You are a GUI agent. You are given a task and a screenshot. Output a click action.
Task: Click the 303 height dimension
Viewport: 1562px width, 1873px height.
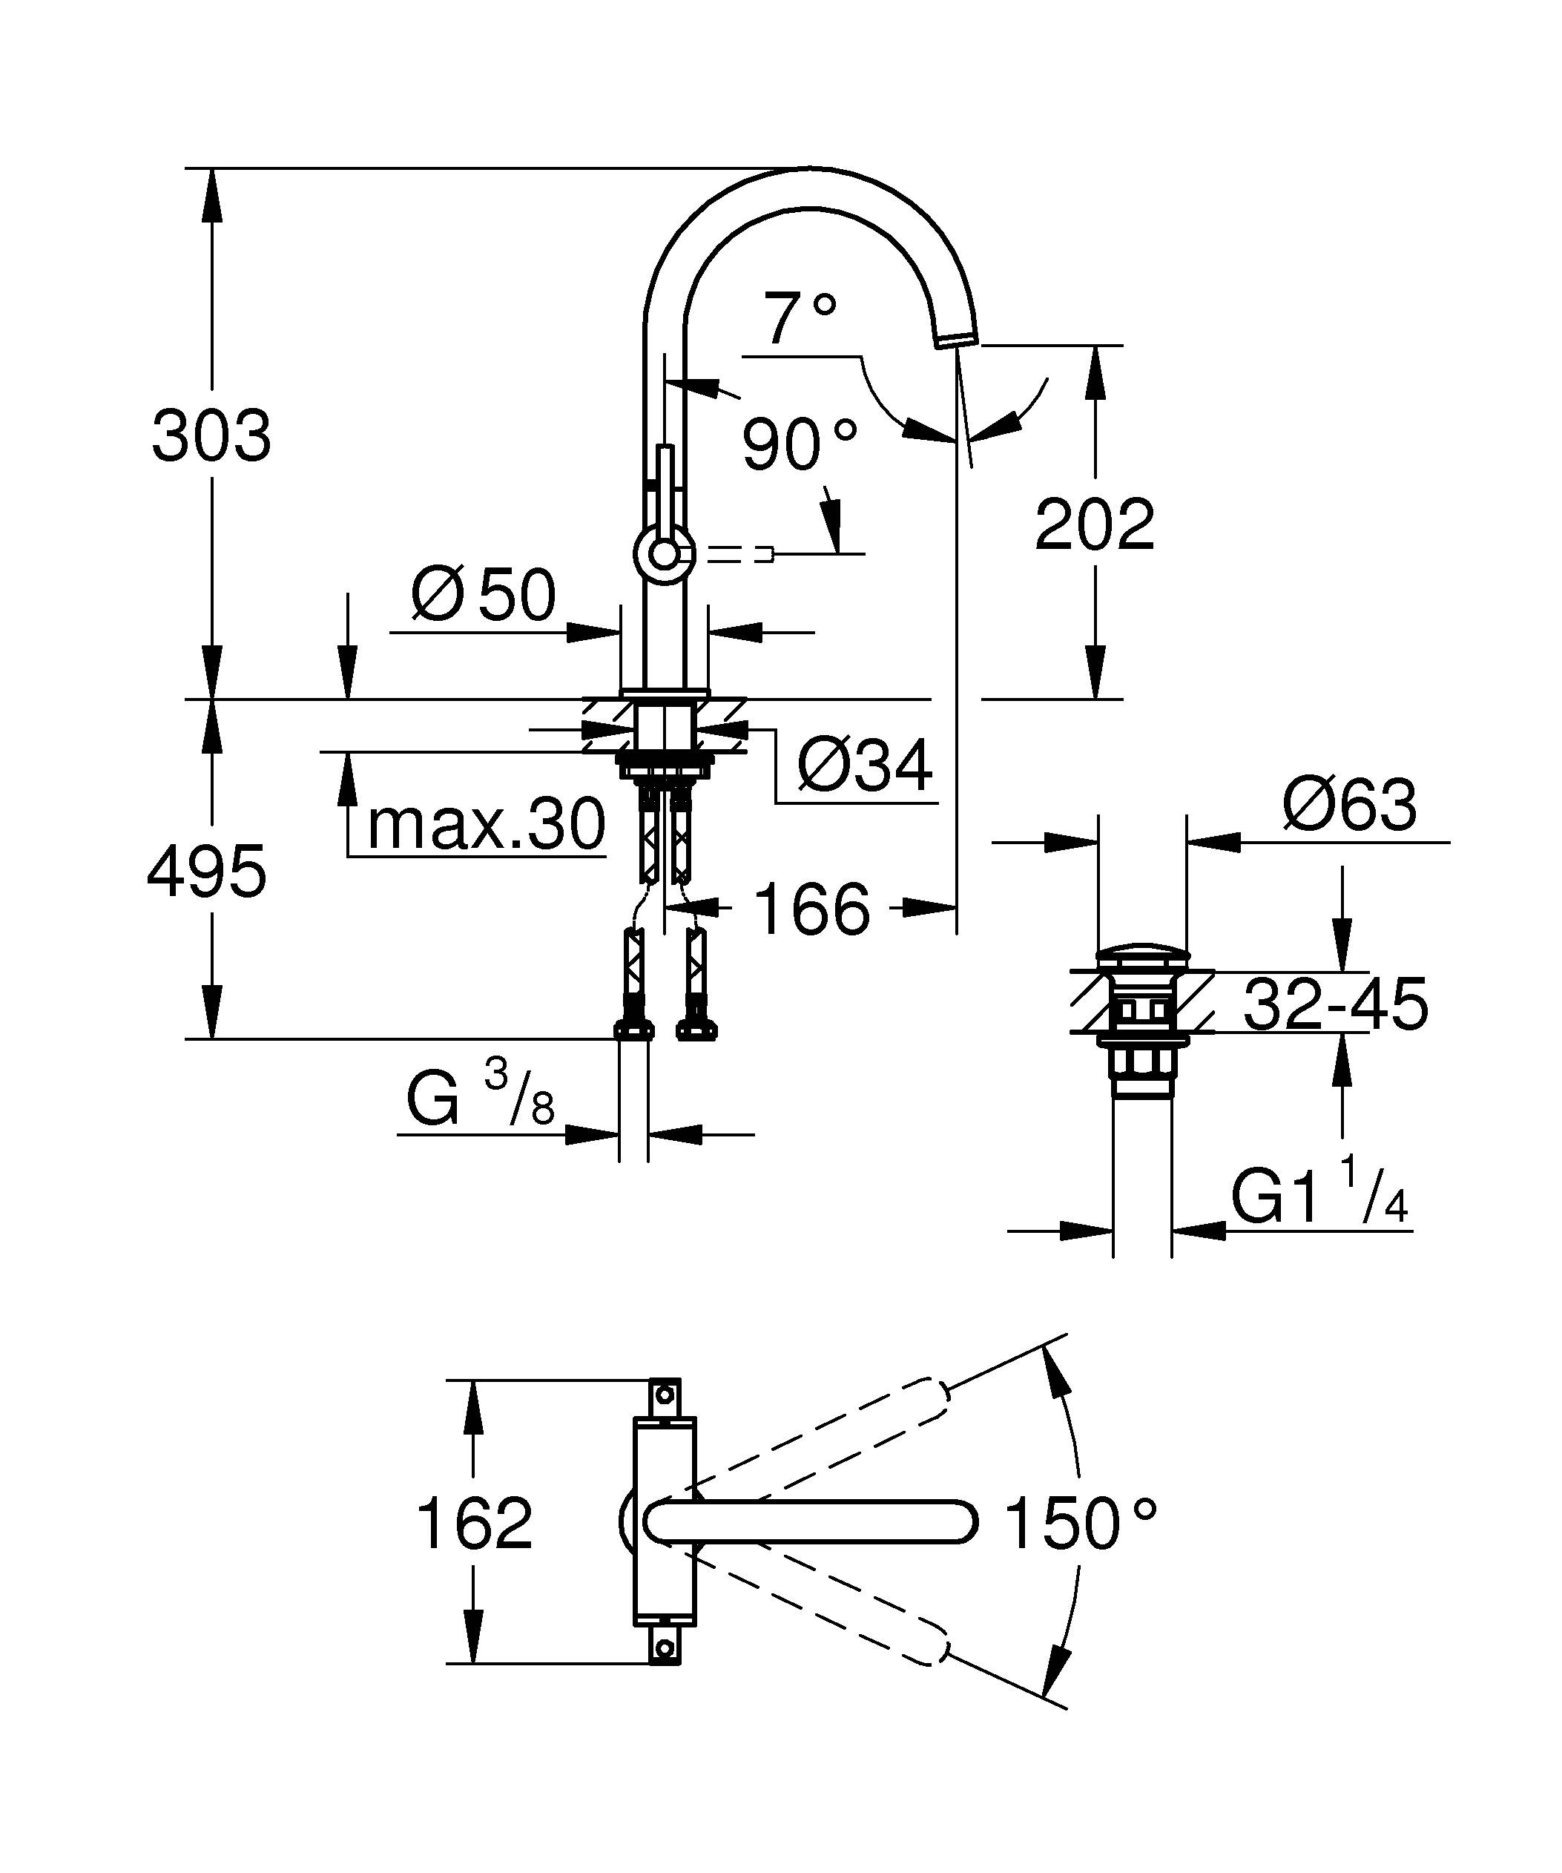coord(211,436)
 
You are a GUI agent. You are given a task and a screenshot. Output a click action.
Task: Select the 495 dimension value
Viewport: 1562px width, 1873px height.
coord(207,872)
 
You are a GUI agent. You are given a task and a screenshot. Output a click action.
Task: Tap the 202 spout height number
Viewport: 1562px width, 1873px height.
coord(1094,525)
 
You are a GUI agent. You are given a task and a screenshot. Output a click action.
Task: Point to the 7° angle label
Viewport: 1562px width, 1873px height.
coord(800,319)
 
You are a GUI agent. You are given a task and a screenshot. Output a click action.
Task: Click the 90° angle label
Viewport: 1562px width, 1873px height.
coord(799,445)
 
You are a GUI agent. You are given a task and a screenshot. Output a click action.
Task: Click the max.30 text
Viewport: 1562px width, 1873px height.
coord(486,825)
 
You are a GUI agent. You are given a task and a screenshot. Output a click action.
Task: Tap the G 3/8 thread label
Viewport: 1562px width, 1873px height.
coord(480,1097)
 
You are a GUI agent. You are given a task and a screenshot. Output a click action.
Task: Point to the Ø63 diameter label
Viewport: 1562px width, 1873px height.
coord(1349,806)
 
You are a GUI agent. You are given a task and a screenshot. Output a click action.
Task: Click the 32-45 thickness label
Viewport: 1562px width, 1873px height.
coord(1334,1004)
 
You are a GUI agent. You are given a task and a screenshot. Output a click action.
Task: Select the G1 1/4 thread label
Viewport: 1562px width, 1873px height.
coord(1319,1198)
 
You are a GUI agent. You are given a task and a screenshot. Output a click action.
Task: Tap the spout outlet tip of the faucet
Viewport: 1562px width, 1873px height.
coord(957,337)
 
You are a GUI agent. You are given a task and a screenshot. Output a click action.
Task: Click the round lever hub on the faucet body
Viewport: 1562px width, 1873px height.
coord(663,555)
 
